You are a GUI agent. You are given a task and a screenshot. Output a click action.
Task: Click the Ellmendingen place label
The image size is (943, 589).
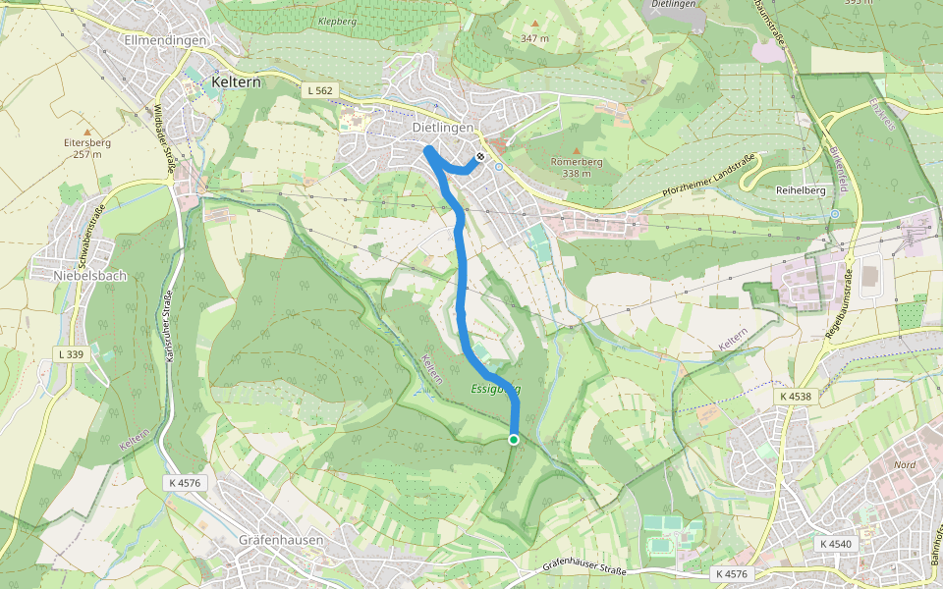point(165,40)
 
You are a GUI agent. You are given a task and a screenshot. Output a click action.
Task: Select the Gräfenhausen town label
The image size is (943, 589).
point(280,541)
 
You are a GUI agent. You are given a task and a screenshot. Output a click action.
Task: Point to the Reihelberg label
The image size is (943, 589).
point(801,189)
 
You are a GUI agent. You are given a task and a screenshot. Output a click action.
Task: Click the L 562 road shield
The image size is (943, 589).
point(320,90)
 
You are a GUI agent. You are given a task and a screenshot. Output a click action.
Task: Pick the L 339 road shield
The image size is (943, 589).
point(72,353)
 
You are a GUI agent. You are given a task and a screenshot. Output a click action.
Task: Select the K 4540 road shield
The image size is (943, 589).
point(835,544)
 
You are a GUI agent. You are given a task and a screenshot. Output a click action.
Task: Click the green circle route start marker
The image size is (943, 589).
point(513,439)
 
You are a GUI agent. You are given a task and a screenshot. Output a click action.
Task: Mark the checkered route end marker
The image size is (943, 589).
point(479,157)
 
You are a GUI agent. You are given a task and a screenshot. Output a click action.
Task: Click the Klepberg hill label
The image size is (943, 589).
point(337,21)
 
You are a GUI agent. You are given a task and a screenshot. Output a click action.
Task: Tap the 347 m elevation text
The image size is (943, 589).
point(535,38)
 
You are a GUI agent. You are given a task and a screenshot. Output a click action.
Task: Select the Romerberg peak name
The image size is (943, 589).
point(577,162)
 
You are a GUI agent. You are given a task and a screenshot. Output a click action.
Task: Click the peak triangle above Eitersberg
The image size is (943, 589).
point(87,131)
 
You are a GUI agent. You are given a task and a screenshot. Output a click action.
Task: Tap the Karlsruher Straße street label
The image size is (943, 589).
point(168,323)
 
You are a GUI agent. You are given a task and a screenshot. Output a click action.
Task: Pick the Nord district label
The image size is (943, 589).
point(905,463)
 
